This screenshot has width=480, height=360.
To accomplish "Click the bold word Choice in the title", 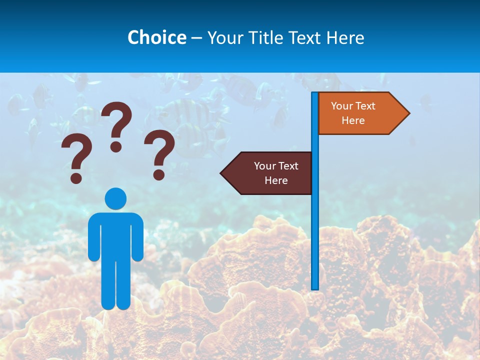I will pos(156,37).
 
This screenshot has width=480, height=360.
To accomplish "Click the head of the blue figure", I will pos(115,198).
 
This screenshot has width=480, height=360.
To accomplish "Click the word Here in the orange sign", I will pos(353,120).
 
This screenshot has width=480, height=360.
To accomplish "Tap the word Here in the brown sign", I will pos(276,180).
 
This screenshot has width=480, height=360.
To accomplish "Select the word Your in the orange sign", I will pos(342,105).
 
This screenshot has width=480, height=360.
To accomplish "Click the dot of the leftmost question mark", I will pos(76,177).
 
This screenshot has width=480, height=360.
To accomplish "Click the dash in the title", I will pos(196,38).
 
